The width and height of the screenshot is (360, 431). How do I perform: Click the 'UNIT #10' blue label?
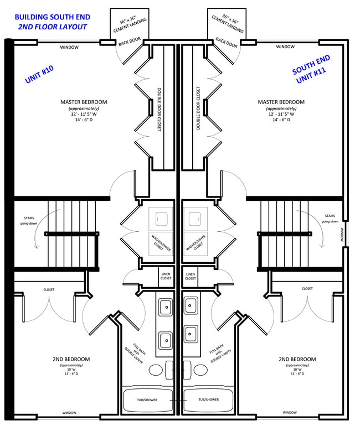[x=39, y=74]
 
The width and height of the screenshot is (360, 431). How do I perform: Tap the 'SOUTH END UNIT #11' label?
[x=311, y=69]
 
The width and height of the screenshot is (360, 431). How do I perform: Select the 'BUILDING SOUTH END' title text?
[x=52, y=17]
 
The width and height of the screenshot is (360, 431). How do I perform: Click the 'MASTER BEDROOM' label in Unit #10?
[x=84, y=102]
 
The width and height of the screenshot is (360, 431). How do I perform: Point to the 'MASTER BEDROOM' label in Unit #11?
[x=281, y=102]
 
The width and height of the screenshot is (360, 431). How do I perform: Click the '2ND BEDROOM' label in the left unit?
[x=71, y=359]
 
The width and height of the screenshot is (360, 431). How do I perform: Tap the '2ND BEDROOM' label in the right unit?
[x=297, y=359]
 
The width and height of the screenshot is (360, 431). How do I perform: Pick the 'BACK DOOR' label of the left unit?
[x=130, y=41]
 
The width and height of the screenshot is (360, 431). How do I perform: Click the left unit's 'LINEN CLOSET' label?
[x=166, y=276]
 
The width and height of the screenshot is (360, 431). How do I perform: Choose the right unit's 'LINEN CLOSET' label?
[x=191, y=276]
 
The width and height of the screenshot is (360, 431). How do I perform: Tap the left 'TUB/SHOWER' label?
[x=147, y=400]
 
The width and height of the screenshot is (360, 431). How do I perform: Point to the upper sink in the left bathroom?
[x=166, y=307]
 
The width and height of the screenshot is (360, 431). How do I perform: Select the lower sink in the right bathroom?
[x=191, y=334]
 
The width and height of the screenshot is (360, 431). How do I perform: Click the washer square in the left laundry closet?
[x=162, y=219]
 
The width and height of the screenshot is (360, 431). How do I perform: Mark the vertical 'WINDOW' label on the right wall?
[x=342, y=235]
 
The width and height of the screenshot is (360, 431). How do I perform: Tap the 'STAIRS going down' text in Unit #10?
[x=29, y=221]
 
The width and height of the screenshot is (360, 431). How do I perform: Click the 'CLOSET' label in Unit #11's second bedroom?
[x=307, y=289]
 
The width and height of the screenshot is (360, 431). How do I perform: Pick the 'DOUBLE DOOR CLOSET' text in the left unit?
[x=159, y=109]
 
